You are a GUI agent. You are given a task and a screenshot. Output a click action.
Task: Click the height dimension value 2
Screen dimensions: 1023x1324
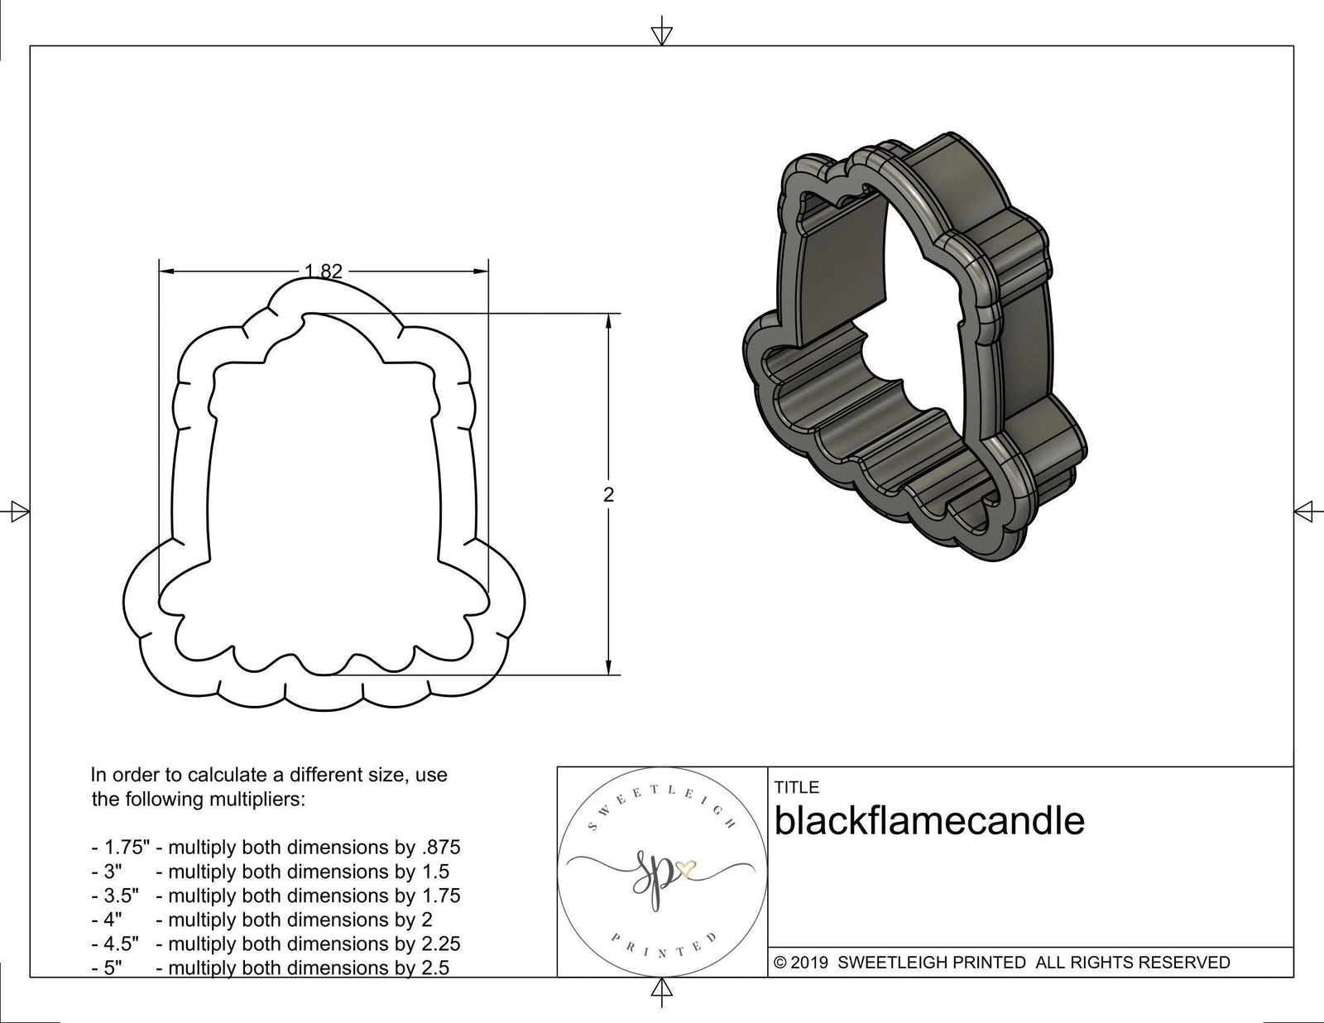pyautogui.click(x=609, y=495)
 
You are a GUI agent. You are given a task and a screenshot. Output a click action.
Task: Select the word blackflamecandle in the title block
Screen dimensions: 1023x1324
pyautogui.click(x=929, y=821)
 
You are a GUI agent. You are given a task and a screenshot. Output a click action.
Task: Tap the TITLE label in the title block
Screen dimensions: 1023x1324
pyautogui.click(x=797, y=787)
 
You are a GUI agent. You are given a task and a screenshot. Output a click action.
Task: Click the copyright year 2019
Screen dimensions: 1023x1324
pyautogui.click(x=812, y=963)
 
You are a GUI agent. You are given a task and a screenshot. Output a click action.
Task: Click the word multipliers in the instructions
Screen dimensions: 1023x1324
pyautogui.click(x=256, y=800)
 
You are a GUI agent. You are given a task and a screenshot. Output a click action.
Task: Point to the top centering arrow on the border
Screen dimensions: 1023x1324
pyautogui.click(x=661, y=34)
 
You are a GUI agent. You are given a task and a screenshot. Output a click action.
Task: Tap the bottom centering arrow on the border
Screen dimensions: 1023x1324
pyautogui.click(x=661, y=989)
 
